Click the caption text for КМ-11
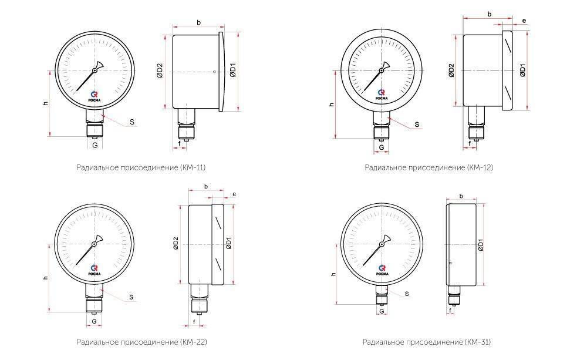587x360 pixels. point(141,167)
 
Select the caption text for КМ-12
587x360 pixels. point(429,167)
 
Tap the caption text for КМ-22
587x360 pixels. point(141,342)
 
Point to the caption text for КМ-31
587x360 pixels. point(426,342)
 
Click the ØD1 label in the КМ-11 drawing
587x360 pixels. point(233,70)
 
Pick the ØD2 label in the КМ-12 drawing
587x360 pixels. point(451,70)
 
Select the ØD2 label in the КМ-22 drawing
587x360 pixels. point(176,243)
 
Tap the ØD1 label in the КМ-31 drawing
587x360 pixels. point(480,245)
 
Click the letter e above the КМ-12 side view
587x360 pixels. point(524,21)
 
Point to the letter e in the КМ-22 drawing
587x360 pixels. point(234,194)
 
